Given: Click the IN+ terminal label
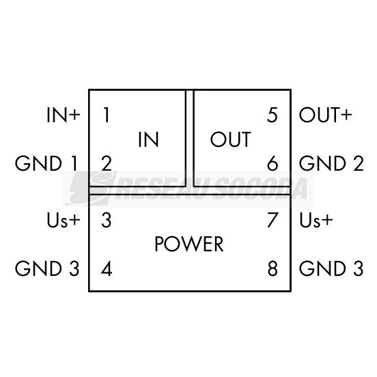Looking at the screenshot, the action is click(x=64, y=115).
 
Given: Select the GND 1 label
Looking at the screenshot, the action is click(x=46, y=163).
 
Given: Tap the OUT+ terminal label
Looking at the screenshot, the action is click(x=325, y=115).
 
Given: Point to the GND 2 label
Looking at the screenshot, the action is click(x=331, y=163).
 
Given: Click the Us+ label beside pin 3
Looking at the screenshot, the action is click(x=64, y=220).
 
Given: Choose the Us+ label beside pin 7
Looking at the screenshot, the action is click(x=316, y=220).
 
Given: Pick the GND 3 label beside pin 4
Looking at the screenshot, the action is click(x=47, y=268).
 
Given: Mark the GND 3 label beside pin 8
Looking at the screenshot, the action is click(x=331, y=268).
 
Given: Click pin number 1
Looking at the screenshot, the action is click(x=106, y=115).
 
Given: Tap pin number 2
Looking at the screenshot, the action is click(x=107, y=163).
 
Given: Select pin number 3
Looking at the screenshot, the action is click(x=107, y=220).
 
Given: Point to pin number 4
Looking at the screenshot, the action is click(x=107, y=268).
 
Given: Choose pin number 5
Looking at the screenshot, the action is click(x=273, y=115).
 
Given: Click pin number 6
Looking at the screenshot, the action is click(x=273, y=163).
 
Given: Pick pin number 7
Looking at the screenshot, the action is click(x=273, y=220).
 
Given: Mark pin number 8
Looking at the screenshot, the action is click(x=273, y=268).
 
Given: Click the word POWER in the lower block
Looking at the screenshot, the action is click(x=189, y=244).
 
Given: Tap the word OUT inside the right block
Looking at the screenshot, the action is click(x=231, y=139).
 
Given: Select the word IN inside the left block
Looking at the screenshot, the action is click(x=148, y=139).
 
